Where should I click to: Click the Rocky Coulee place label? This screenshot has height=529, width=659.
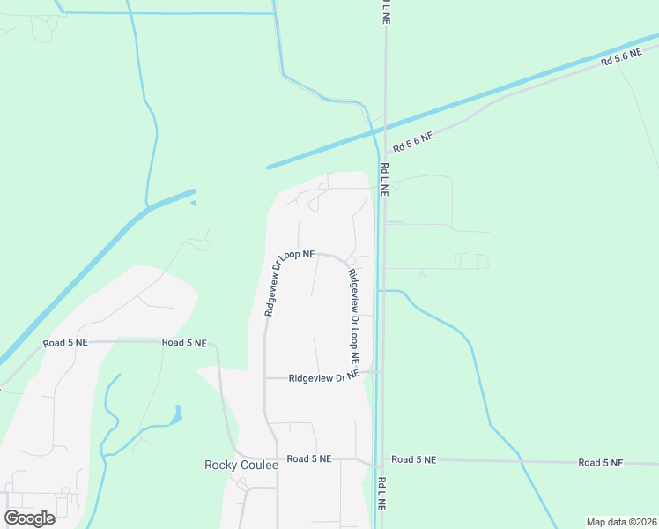point(241,465)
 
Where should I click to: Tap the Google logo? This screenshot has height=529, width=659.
point(29,518)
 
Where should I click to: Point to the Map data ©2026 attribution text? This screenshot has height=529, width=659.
point(621,522)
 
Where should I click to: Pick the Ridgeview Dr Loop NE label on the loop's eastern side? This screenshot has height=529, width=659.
point(353,317)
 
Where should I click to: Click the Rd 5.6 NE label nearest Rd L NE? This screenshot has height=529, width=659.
point(413,140)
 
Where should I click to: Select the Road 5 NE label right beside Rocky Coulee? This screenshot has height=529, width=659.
point(308,458)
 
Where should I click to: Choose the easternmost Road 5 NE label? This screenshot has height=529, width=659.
point(601,462)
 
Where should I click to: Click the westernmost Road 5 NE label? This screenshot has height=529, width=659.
point(66,342)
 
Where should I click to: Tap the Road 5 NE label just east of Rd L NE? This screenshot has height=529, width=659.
point(414,459)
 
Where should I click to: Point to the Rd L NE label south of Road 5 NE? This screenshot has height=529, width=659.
point(382,495)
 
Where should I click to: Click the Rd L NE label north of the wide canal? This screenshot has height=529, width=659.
point(385,12)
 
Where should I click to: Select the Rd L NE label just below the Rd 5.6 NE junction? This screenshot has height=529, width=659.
point(384,180)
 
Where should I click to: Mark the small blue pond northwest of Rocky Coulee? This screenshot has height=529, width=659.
point(179,413)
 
